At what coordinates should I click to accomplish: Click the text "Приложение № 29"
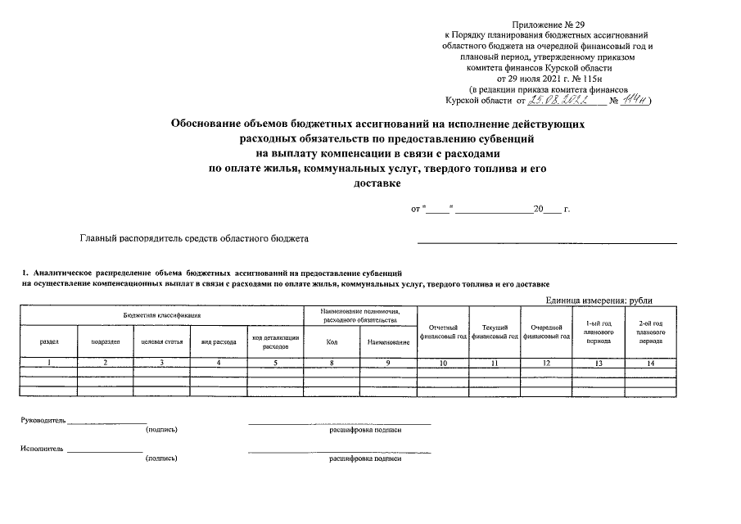[x=546, y=25]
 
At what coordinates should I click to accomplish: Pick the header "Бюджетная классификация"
[x=162, y=315]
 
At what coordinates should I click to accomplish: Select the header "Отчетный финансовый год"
[x=443, y=332]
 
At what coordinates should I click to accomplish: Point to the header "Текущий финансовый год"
[x=496, y=332]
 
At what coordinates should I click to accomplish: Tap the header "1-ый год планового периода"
[x=599, y=332]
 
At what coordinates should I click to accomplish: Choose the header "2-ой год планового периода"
[x=650, y=332]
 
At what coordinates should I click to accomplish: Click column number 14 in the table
[x=650, y=363]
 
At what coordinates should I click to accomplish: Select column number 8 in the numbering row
[x=332, y=363]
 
